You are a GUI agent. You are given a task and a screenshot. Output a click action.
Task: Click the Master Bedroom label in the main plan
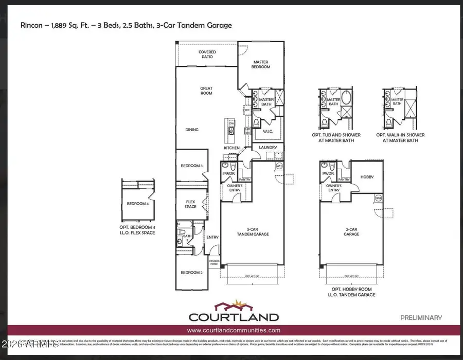(x=261, y=64)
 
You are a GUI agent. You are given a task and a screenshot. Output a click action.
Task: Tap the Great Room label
(x=206, y=91)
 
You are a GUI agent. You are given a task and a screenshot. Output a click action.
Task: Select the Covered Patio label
(x=207, y=55)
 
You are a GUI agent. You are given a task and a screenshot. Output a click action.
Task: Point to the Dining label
(x=192, y=130)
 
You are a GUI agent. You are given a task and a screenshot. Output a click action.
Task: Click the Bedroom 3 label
(x=191, y=166)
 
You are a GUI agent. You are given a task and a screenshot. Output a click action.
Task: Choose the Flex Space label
(x=191, y=205)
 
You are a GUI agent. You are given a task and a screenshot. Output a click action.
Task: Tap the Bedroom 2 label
(x=191, y=273)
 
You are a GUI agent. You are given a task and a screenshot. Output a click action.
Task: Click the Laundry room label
(x=268, y=147)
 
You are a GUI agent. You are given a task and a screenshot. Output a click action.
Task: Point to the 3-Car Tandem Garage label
(x=252, y=232)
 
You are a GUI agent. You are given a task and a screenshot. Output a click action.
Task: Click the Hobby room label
(x=366, y=177)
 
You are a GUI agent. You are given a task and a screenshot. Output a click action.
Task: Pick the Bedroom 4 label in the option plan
(x=137, y=203)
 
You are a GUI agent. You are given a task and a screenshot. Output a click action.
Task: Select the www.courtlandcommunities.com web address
(x=234, y=331)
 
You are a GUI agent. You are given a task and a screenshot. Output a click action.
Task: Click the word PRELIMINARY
(x=421, y=318)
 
